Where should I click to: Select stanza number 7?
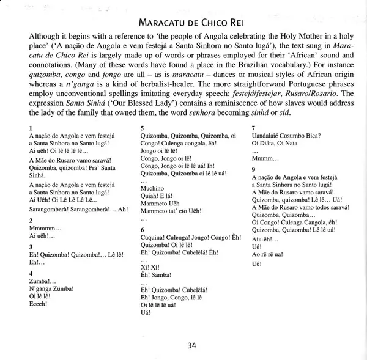pos(254,127)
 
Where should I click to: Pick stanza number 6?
pos(143,229)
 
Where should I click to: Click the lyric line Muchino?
pos(153,189)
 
